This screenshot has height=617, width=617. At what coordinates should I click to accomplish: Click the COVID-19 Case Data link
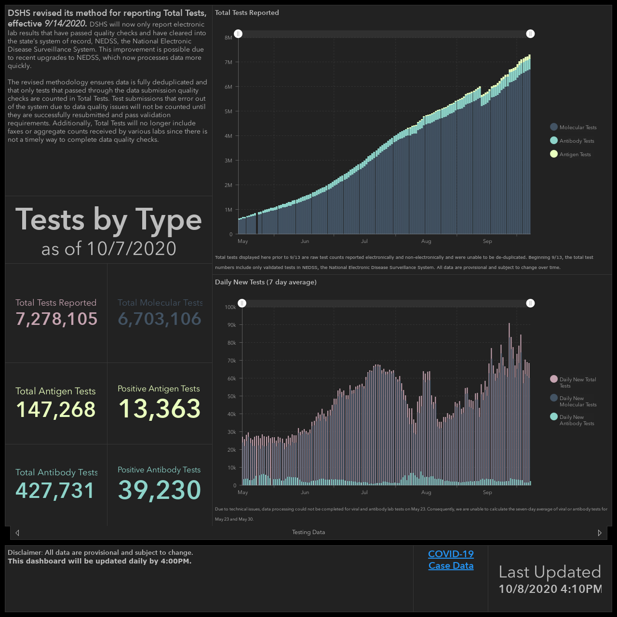click(x=451, y=560)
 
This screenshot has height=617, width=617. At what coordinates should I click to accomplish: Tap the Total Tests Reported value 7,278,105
click(x=56, y=319)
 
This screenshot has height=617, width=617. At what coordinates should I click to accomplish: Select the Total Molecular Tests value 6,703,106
click(x=160, y=319)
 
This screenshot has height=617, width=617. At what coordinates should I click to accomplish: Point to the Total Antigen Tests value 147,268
click(x=56, y=410)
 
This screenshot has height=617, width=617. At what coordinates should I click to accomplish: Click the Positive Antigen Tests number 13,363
click(x=160, y=409)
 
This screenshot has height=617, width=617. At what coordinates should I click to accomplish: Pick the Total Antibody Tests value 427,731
click(x=55, y=491)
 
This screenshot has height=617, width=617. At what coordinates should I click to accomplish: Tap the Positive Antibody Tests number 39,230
click(x=160, y=490)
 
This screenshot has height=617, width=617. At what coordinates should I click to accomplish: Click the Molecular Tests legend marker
click(x=553, y=127)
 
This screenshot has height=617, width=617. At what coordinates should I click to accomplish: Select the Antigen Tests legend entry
click(x=570, y=154)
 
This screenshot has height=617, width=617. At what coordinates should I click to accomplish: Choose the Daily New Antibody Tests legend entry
click(x=572, y=420)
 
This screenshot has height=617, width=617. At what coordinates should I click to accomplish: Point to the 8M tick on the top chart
click(x=228, y=38)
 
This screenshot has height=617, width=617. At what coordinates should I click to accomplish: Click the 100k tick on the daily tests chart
click(x=230, y=307)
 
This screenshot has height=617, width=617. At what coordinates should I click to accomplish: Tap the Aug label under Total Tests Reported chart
click(x=426, y=241)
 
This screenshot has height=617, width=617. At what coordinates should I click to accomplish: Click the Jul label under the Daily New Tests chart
click(x=364, y=492)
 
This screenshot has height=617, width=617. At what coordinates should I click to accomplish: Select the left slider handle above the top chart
click(x=238, y=34)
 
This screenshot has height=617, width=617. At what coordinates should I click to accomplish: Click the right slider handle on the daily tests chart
click(x=530, y=303)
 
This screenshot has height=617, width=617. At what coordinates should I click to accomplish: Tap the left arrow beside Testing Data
click(x=17, y=533)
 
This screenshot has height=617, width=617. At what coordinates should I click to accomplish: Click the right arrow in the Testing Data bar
click(x=600, y=533)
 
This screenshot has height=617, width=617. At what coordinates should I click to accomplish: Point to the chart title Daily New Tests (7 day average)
click(x=266, y=282)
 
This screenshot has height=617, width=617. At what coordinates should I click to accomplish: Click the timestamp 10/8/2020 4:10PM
click(x=550, y=589)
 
